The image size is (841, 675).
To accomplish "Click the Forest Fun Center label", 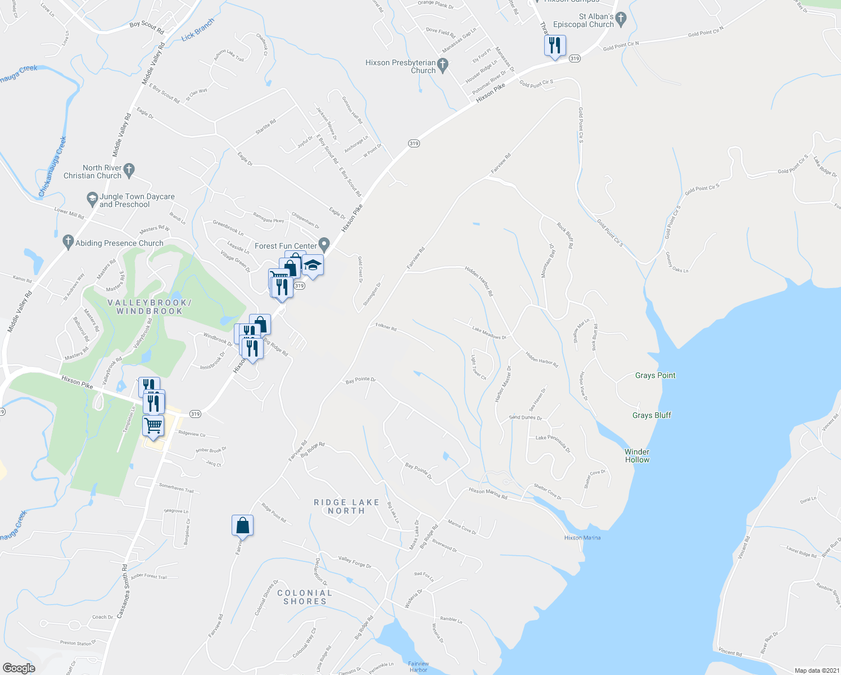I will [286, 246].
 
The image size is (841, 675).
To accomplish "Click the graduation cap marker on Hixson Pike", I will [313, 265].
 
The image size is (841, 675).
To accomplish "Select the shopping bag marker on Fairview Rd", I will [242, 525].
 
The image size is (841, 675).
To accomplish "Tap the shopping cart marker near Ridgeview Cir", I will [153, 426].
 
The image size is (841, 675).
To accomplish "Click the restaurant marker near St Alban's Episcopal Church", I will [555, 46].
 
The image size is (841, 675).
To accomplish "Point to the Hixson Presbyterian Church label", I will [400, 66].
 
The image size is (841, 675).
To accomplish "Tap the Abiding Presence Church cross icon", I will [68, 242].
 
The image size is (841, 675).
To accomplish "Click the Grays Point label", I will [655, 375].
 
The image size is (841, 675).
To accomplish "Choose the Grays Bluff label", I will [652, 415].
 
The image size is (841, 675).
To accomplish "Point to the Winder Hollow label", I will [637, 456].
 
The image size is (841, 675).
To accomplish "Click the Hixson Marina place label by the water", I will [582, 538].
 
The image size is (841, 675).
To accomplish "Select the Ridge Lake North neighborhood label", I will [346, 506].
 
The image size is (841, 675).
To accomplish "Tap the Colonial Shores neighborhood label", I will [305, 597].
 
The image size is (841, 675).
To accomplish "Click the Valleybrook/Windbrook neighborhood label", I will [150, 307].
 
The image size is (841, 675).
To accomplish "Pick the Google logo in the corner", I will [19, 668].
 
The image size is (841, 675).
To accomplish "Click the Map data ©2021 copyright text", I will [816, 670].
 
